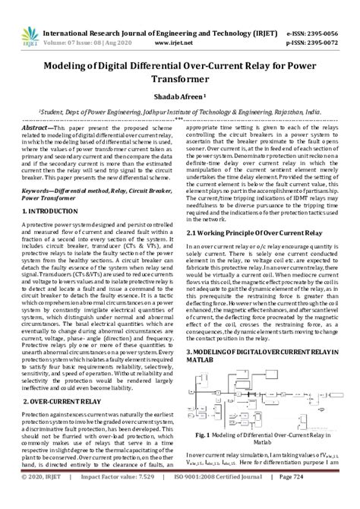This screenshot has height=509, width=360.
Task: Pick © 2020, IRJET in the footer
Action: [47, 496]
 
